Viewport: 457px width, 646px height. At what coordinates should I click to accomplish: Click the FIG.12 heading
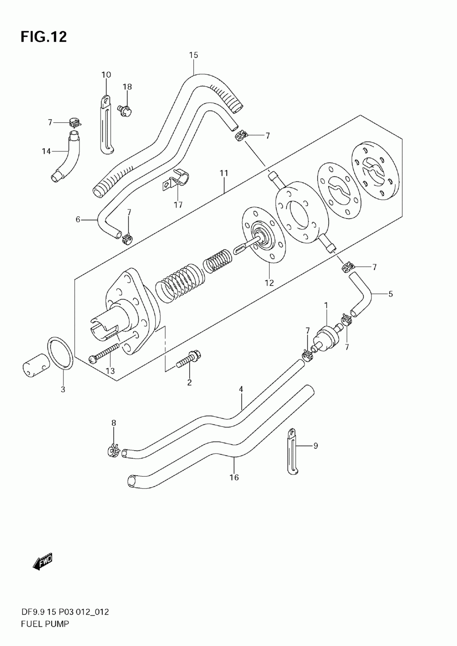pyautogui.click(x=43, y=37)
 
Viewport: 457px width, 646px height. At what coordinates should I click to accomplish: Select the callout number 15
pyautogui.click(x=194, y=55)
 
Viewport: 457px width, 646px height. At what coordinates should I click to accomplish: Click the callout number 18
pyautogui.click(x=127, y=87)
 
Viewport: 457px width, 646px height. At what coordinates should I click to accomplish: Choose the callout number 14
pyautogui.click(x=46, y=151)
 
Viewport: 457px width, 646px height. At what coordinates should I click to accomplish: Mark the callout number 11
pyautogui.click(x=224, y=173)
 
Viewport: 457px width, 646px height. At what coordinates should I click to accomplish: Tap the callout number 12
pyautogui.click(x=269, y=283)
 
